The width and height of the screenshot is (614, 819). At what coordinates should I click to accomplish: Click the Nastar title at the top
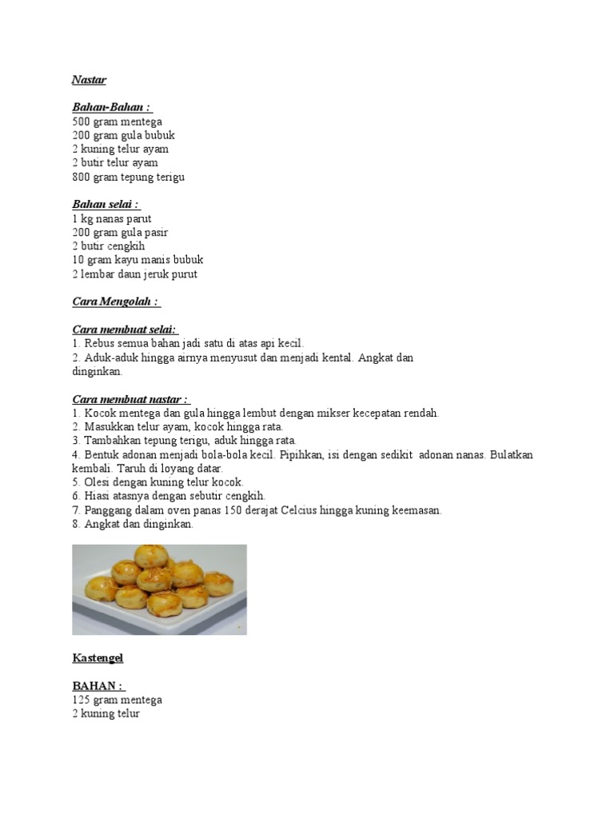[89, 80]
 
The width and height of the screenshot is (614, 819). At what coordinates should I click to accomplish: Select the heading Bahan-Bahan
[111, 107]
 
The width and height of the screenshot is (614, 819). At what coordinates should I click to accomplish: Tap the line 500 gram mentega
[117, 122]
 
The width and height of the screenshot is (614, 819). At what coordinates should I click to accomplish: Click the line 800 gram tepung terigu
[128, 177]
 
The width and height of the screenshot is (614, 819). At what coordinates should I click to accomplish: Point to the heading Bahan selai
[106, 204]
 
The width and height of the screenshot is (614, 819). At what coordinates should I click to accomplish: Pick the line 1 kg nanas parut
[111, 218]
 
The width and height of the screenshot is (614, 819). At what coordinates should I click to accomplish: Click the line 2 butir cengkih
[108, 246]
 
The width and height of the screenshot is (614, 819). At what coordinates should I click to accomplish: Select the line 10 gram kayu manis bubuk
[138, 260]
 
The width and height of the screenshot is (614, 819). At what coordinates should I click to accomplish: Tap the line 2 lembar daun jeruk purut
[134, 274]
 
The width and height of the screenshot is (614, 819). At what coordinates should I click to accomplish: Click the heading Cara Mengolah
[116, 302]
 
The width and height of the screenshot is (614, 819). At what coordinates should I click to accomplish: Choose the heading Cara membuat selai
[125, 330]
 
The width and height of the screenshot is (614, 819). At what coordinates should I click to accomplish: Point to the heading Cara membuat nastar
[130, 399]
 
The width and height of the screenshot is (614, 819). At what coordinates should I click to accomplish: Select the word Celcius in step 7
[299, 510]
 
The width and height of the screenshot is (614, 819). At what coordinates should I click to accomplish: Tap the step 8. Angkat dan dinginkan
[133, 524]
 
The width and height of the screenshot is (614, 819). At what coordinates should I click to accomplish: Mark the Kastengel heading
[98, 658]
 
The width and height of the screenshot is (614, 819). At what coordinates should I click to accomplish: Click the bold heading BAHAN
[98, 685]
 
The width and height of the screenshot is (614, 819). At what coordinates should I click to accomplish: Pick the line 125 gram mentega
[117, 700]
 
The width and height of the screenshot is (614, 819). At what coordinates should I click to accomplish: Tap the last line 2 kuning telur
[106, 713]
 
